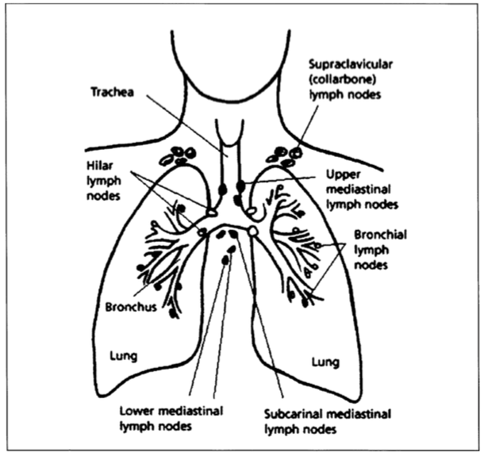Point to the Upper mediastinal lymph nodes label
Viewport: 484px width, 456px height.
pyautogui.click(x=363, y=190)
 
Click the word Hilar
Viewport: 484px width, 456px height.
pyautogui.click(x=97, y=168)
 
